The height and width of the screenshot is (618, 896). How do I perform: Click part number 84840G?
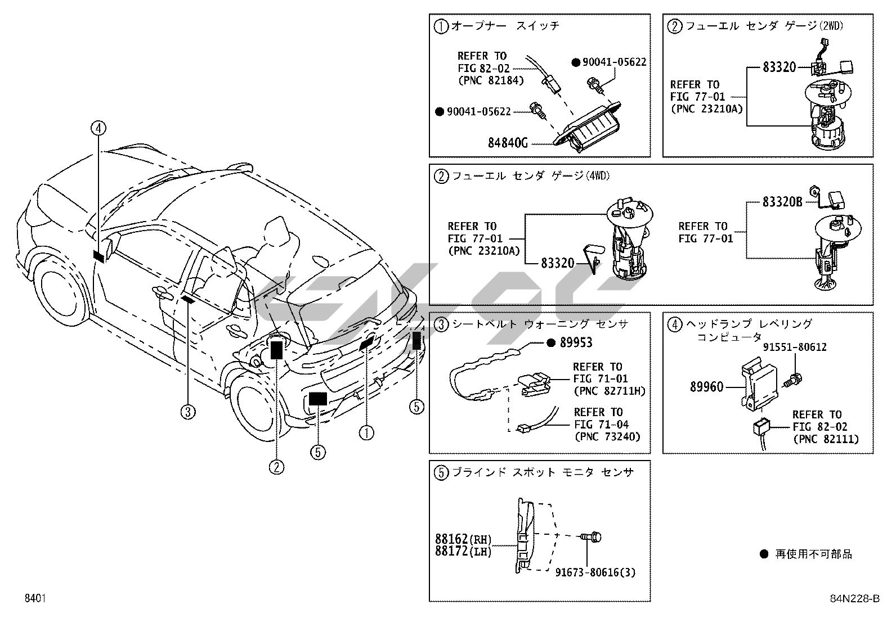(508, 143)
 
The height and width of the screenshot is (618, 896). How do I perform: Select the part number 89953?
(576, 342)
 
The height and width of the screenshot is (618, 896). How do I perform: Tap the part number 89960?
(707, 387)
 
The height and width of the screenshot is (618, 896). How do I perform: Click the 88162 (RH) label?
(463, 539)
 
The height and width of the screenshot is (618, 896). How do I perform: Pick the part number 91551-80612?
(795, 348)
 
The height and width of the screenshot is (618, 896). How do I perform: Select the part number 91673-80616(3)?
(595, 572)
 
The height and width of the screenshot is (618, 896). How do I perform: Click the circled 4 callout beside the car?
(98, 129)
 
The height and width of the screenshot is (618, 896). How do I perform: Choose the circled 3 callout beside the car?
(188, 412)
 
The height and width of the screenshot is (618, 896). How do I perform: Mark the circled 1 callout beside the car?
(366, 432)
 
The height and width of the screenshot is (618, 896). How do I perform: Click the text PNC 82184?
(491, 80)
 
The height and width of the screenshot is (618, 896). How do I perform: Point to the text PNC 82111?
(826, 439)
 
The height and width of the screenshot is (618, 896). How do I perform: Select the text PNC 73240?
(607, 436)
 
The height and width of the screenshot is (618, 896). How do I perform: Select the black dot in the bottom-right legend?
(764, 554)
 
